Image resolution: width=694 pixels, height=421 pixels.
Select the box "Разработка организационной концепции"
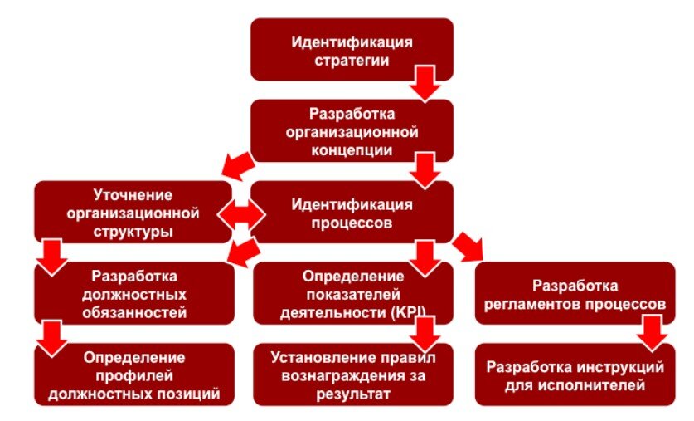pyautogui.click(x=352, y=130)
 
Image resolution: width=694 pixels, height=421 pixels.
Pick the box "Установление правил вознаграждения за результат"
pyautogui.click(x=352, y=375)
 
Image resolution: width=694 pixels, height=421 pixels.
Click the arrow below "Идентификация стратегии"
pyautogui.click(x=425, y=84)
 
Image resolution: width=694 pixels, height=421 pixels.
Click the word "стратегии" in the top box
pyautogui.click(x=352, y=59)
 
